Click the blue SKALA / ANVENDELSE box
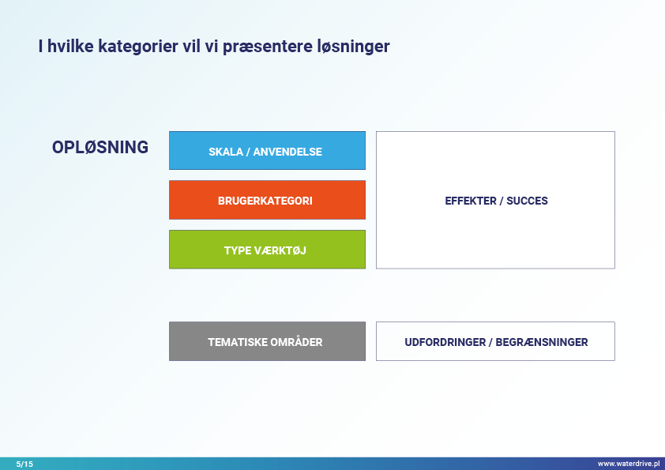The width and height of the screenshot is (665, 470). click(x=267, y=151)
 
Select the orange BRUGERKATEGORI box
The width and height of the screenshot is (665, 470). click(x=267, y=200)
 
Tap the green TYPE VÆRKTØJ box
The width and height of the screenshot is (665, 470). click(x=267, y=250)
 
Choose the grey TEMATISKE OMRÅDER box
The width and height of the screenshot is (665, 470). click(x=267, y=341)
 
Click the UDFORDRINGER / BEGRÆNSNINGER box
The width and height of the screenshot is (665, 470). click(x=495, y=341)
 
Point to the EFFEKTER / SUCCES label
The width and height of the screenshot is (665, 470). click(x=496, y=201)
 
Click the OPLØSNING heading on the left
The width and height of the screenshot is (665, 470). click(x=100, y=147)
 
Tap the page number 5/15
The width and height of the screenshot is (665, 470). click(x=24, y=464)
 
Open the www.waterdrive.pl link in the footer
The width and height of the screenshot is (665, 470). click(x=629, y=464)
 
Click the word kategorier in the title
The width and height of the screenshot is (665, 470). click(x=138, y=47)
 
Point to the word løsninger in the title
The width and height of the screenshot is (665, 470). click(x=353, y=47)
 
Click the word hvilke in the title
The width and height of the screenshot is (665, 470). click(x=70, y=46)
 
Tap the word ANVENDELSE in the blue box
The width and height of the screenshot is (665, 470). click(x=287, y=152)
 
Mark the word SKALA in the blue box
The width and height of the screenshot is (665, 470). click(x=226, y=152)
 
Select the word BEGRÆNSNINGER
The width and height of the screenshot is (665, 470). click(x=542, y=342)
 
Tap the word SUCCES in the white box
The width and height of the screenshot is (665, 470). click(x=527, y=201)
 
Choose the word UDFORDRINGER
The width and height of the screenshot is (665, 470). click(x=445, y=342)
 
